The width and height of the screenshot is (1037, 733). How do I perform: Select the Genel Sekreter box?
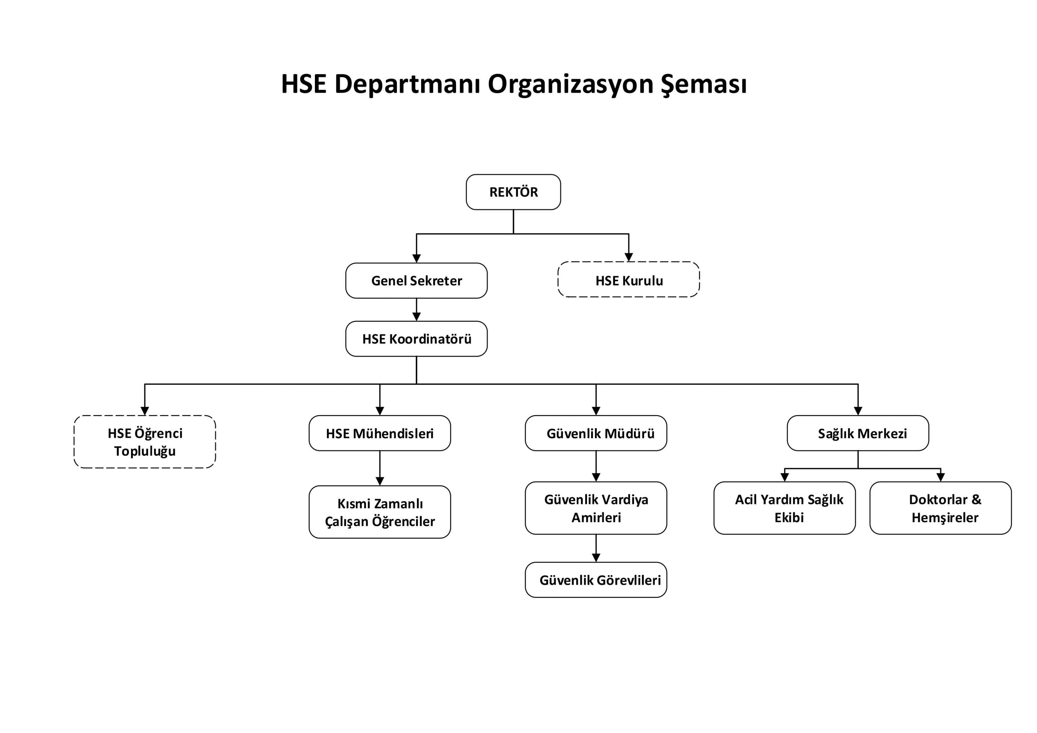[417, 281]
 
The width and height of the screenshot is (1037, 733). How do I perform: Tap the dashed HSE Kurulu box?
[629, 280]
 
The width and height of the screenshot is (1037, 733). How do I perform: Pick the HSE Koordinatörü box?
[417, 339]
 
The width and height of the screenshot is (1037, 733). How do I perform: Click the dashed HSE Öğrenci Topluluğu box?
[144, 442]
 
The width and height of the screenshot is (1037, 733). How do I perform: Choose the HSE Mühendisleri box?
[380, 433]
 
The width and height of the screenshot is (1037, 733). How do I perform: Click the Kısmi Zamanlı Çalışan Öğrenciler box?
[380, 512]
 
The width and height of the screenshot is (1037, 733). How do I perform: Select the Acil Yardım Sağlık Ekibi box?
[785, 508]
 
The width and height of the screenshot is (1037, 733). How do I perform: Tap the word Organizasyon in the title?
[570, 84]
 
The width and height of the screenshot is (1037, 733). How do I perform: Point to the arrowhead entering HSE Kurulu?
[629, 257]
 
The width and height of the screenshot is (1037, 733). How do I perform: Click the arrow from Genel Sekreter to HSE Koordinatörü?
[417, 310]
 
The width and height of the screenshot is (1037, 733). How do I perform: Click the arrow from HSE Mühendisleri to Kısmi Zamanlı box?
[380, 468]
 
